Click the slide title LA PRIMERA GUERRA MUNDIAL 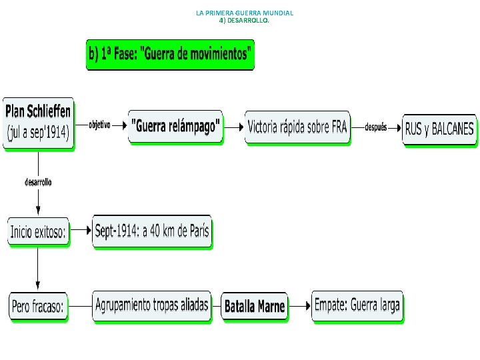(245, 13)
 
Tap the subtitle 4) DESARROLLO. (245, 21)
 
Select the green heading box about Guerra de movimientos (171, 54)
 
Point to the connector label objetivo (99, 125)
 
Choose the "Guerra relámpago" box (176, 127)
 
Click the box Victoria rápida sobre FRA (297, 127)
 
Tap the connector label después (376, 127)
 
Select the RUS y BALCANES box (439, 129)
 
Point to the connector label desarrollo (38, 181)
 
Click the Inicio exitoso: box (38, 231)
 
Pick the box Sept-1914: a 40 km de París (152, 231)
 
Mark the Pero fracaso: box (38, 307)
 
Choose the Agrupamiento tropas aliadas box (152, 305)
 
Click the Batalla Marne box (255, 307)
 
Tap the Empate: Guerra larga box (357, 305)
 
